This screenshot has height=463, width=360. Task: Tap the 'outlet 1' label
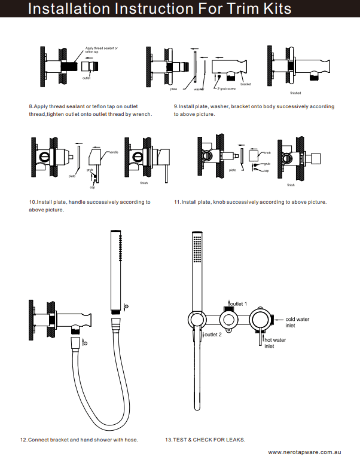(x=238, y=304)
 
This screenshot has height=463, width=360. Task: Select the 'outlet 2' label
(x=213, y=335)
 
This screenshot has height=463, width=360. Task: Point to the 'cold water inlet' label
(x=297, y=323)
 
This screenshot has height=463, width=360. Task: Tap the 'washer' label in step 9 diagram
(x=199, y=89)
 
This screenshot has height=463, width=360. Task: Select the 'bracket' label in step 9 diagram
(x=246, y=84)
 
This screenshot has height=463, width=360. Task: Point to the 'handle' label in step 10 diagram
(x=113, y=153)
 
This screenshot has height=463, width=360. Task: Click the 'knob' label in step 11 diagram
(x=267, y=153)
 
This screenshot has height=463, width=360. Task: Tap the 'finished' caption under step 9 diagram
(x=295, y=93)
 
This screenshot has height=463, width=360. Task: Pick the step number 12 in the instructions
(x=23, y=440)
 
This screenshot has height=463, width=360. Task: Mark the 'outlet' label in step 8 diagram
(x=86, y=78)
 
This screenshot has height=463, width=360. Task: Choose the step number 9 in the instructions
(x=176, y=106)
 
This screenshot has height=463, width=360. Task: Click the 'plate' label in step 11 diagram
(x=232, y=170)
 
